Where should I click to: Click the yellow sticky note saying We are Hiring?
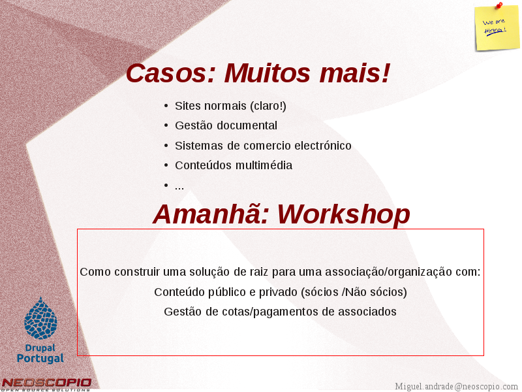pos(497,29)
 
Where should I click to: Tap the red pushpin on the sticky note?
pos(499,5)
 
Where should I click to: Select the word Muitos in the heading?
pos(268,73)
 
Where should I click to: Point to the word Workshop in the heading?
pos(344,214)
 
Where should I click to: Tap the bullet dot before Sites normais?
pos(166,106)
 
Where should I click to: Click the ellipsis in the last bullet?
pos(179,188)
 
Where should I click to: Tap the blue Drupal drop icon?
pos(40,318)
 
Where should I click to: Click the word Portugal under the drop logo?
pos(40,358)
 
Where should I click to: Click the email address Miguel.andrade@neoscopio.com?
pos(456,386)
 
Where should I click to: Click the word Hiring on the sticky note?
pos(495,31)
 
